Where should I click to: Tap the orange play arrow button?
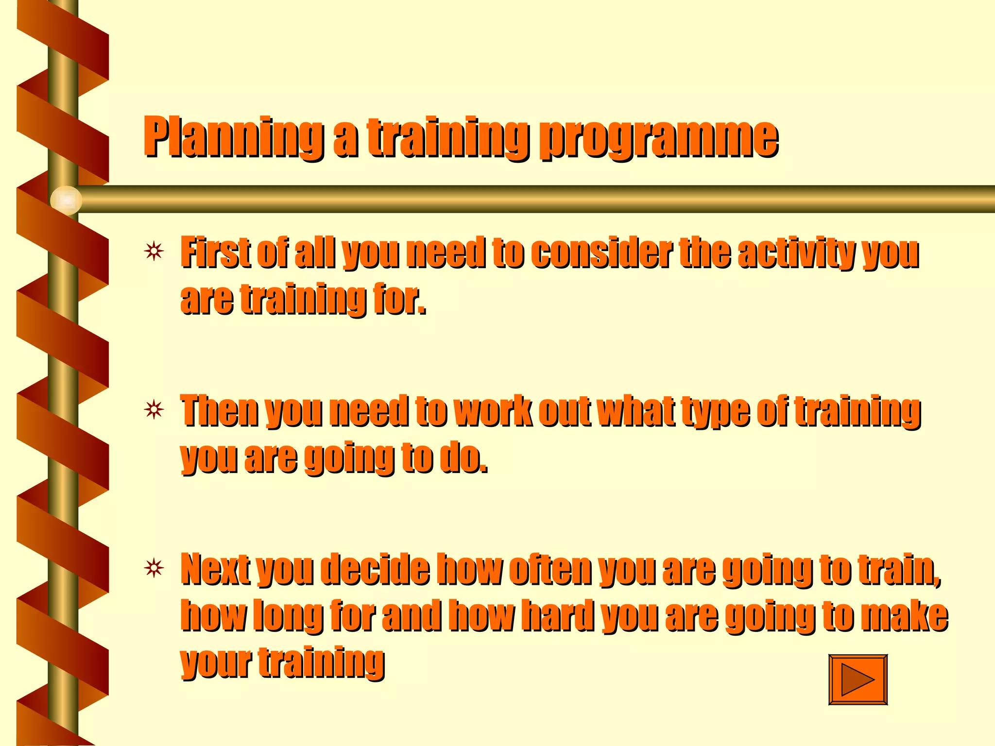point(858,679)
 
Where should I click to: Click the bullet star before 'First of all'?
point(154,252)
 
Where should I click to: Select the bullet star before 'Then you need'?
point(154,410)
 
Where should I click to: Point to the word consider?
point(601,253)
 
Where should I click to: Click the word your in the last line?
point(216,663)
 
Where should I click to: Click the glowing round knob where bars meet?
point(66,200)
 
